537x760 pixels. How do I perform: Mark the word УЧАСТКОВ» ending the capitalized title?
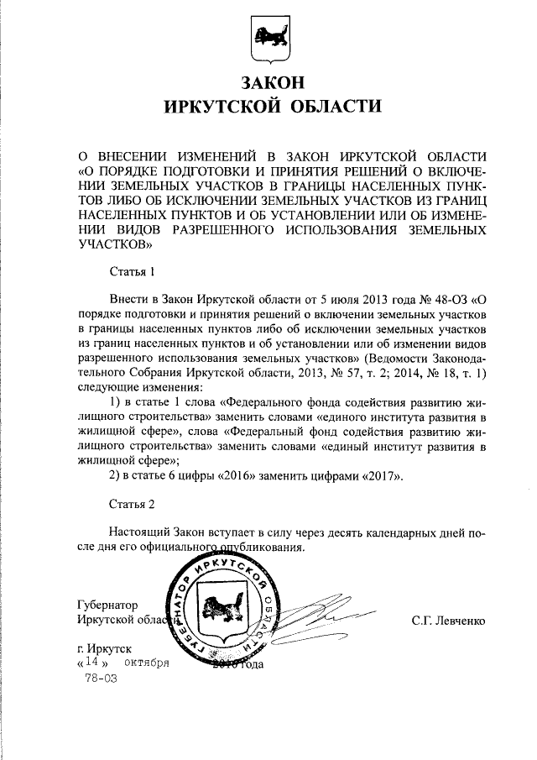pos(115,244)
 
